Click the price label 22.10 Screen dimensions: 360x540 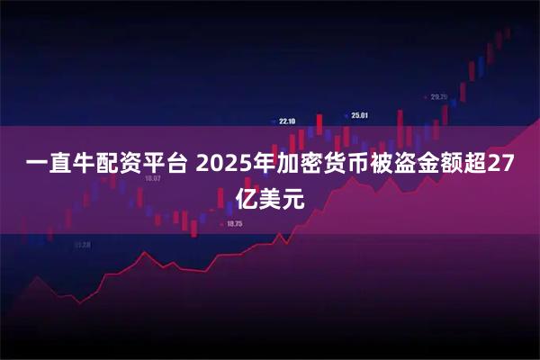pyautogui.click(x=287, y=121)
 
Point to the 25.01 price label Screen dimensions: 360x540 pyautogui.click(x=360, y=115)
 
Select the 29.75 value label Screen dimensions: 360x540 pyautogui.click(x=439, y=96)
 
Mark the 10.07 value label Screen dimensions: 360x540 pyautogui.click(x=152, y=178)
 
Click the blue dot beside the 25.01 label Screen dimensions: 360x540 pyautogui.click(x=346, y=115)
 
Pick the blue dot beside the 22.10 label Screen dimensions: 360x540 pyautogui.click(x=274, y=121)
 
